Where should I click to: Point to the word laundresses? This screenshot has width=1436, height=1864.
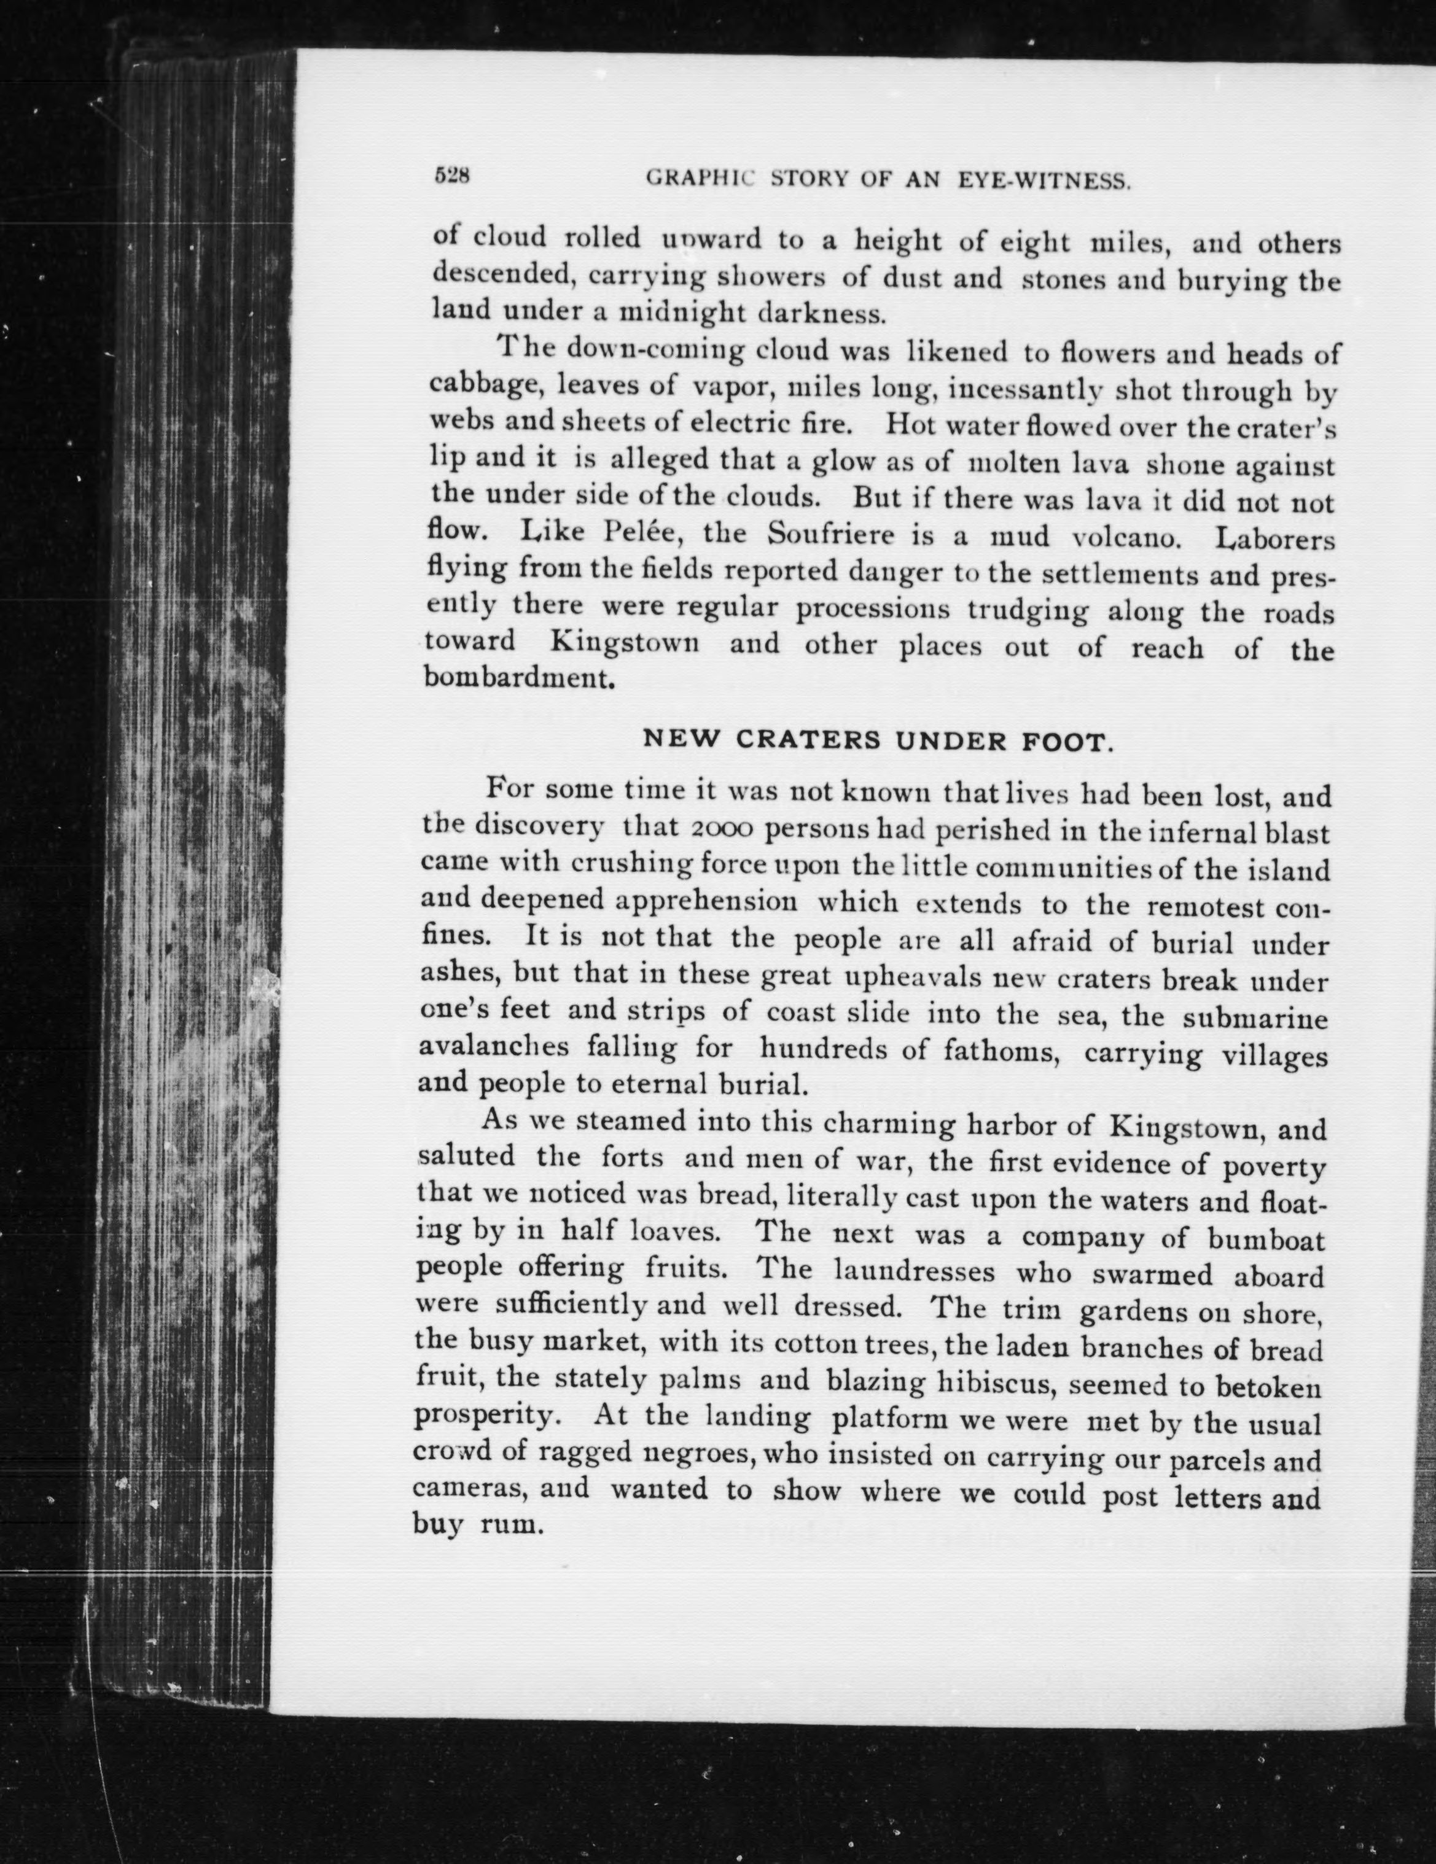point(913,1272)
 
